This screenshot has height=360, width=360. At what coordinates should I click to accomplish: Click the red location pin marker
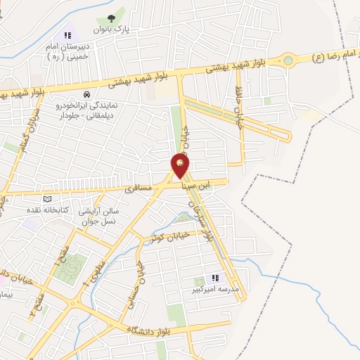[180, 165]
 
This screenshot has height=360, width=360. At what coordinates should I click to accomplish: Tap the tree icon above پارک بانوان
[111, 19]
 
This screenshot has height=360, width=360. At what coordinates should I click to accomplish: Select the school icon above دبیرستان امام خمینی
[67, 34]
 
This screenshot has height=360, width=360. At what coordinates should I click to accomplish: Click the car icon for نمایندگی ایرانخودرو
[86, 94]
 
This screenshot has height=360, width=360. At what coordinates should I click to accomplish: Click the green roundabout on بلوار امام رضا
[288, 60]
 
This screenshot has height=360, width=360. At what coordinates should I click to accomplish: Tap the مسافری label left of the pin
[138, 188]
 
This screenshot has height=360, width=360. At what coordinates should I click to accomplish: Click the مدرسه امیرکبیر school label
[215, 289]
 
